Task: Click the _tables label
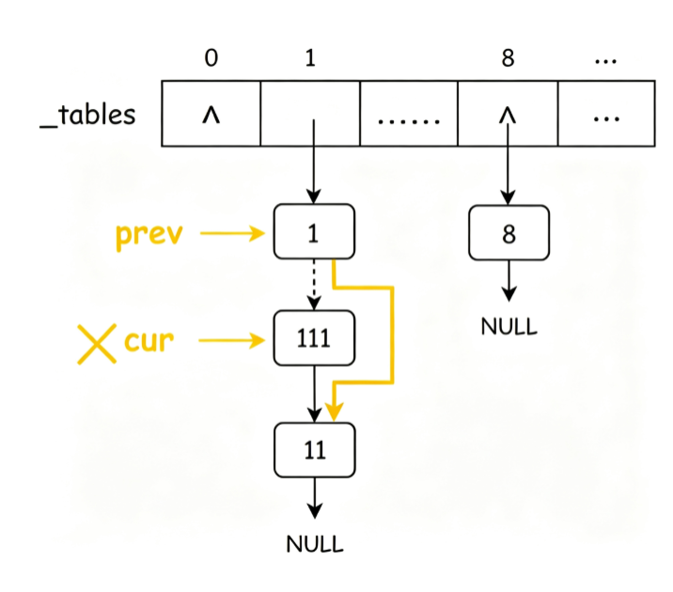click(x=87, y=115)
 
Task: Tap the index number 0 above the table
click(x=211, y=57)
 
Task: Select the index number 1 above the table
click(x=310, y=57)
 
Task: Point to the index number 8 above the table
click(x=508, y=57)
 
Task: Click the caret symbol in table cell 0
click(x=211, y=115)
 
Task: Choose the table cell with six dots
click(x=409, y=114)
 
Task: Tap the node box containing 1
click(x=314, y=232)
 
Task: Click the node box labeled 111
click(x=314, y=338)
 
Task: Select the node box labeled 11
click(x=315, y=450)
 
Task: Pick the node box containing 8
click(x=509, y=233)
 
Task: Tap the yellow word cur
click(x=149, y=340)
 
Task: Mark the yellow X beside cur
click(x=97, y=344)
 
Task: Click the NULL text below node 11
click(x=315, y=544)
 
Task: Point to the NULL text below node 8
click(x=509, y=326)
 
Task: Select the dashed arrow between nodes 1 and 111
click(x=314, y=285)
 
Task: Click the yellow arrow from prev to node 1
click(x=232, y=233)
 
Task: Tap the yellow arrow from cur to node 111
click(x=232, y=340)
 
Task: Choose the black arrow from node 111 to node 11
click(x=315, y=395)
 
